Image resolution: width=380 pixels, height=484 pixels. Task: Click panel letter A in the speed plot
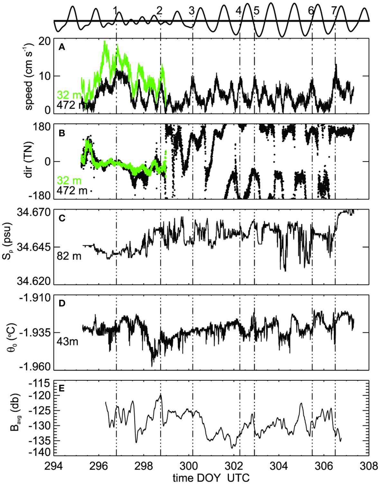click(62, 48)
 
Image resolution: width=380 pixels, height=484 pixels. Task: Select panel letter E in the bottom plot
click(62, 389)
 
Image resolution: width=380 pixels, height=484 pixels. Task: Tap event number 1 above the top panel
click(115, 11)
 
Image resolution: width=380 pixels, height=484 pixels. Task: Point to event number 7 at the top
click(334, 11)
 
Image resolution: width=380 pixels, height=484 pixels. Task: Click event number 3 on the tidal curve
click(192, 11)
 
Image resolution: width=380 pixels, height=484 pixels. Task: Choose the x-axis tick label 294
click(53, 466)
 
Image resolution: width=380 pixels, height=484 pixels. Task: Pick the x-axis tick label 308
click(369, 466)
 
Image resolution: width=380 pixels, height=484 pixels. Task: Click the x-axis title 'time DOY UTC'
click(211, 477)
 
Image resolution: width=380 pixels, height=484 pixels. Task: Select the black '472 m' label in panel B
click(72, 191)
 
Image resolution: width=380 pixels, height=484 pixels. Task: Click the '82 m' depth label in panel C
click(69, 256)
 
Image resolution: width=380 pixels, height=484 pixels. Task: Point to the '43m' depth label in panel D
click(68, 341)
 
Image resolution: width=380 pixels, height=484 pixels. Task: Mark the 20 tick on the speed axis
click(44, 41)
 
